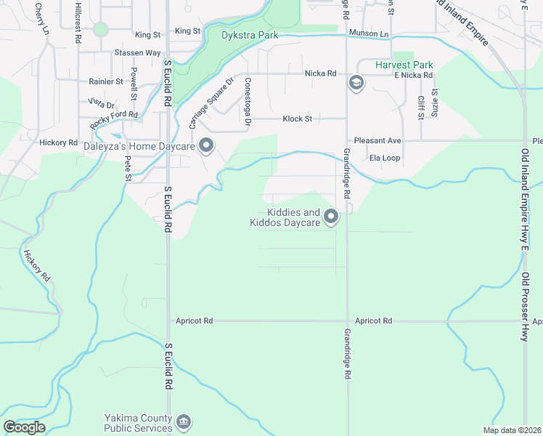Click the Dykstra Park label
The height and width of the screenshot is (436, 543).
(249, 34)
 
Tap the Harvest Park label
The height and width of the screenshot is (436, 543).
(404, 65)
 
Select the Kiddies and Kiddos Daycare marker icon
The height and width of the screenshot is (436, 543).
(331, 217)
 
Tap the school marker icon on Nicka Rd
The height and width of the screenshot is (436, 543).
(356, 83)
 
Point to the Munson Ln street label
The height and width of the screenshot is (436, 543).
(368, 34)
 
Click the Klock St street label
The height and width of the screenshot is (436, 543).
(297, 118)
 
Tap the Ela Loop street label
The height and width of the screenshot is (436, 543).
(385, 158)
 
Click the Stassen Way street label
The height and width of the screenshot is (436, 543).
(137, 53)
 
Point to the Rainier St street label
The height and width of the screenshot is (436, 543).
(105, 82)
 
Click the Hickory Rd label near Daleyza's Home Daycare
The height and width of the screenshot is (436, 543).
(59, 143)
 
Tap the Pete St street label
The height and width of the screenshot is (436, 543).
(128, 168)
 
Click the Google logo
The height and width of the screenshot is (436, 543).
(24, 427)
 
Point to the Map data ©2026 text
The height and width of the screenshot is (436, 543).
(513, 430)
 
